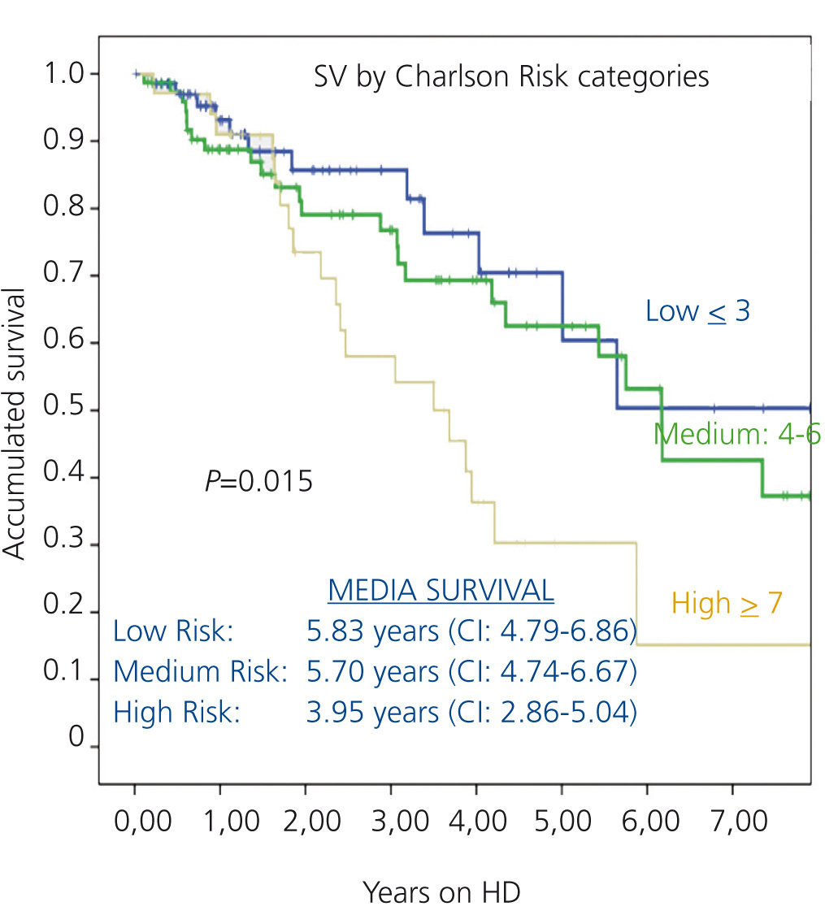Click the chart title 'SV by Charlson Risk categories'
(x=511, y=77)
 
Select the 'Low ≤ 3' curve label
(x=697, y=310)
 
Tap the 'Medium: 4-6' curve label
(x=736, y=434)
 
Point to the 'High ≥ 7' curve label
(x=727, y=604)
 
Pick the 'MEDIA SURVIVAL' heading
(x=441, y=591)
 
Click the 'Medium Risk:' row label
(x=201, y=671)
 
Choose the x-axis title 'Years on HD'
(x=441, y=891)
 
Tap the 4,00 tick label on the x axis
(x=476, y=822)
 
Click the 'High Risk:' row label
(x=177, y=712)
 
